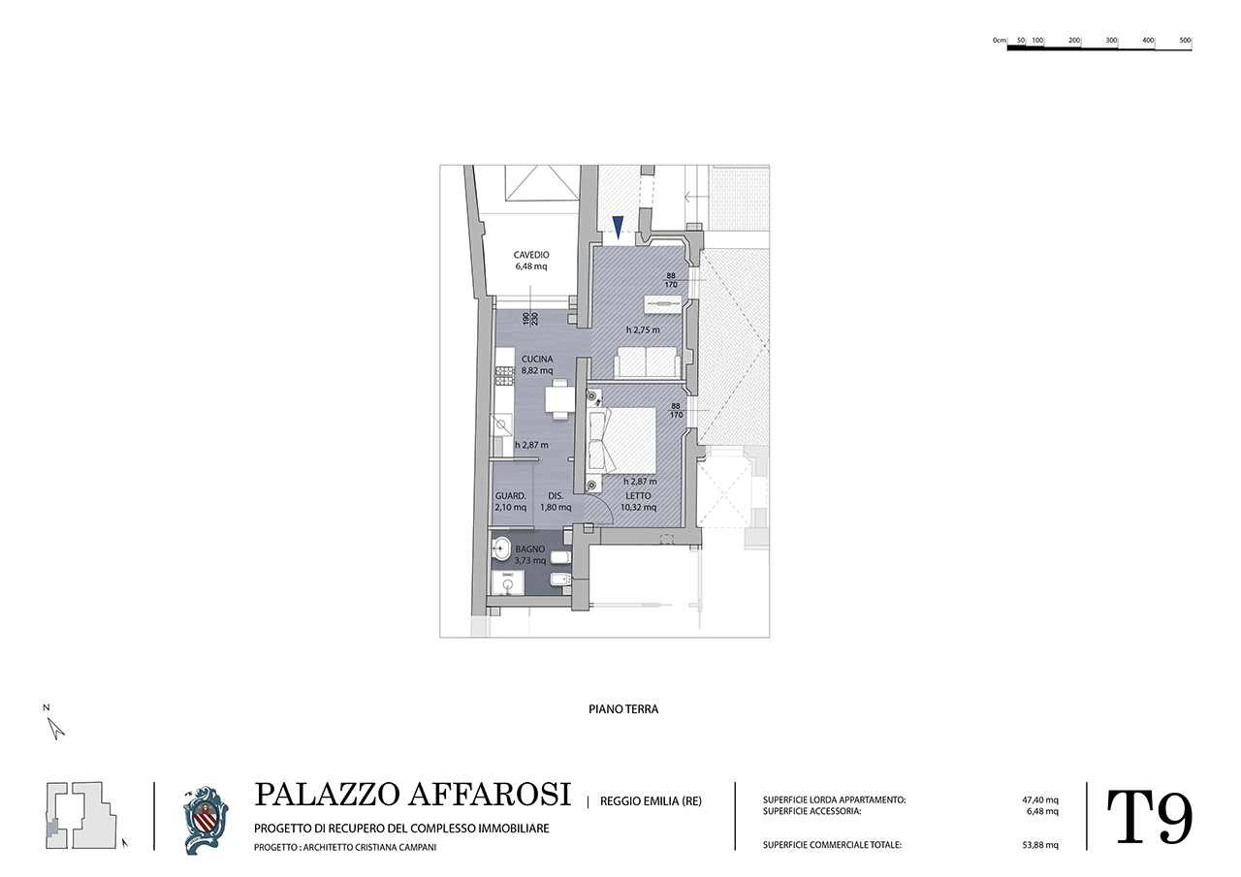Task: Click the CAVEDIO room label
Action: [x=530, y=255]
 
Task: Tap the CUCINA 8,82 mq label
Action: [x=537, y=365]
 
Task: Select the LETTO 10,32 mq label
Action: [x=638, y=502]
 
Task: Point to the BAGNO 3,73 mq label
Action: [x=529, y=554]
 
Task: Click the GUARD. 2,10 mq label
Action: [x=510, y=502]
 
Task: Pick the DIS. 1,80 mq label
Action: [x=556, y=502]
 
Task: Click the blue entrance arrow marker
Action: [x=618, y=227]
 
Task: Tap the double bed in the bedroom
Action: [x=621, y=440]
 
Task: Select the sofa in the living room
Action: [x=647, y=362]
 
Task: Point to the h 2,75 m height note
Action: [x=643, y=330]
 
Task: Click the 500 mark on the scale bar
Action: [x=1185, y=41]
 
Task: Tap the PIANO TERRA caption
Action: [x=623, y=709]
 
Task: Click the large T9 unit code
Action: [x=1149, y=817]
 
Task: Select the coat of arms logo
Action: [x=205, y=820]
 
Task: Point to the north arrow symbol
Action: [x=55, y=728]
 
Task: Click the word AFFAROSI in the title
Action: [x=490, y=795]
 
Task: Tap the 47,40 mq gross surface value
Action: [x=1040, y=800]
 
